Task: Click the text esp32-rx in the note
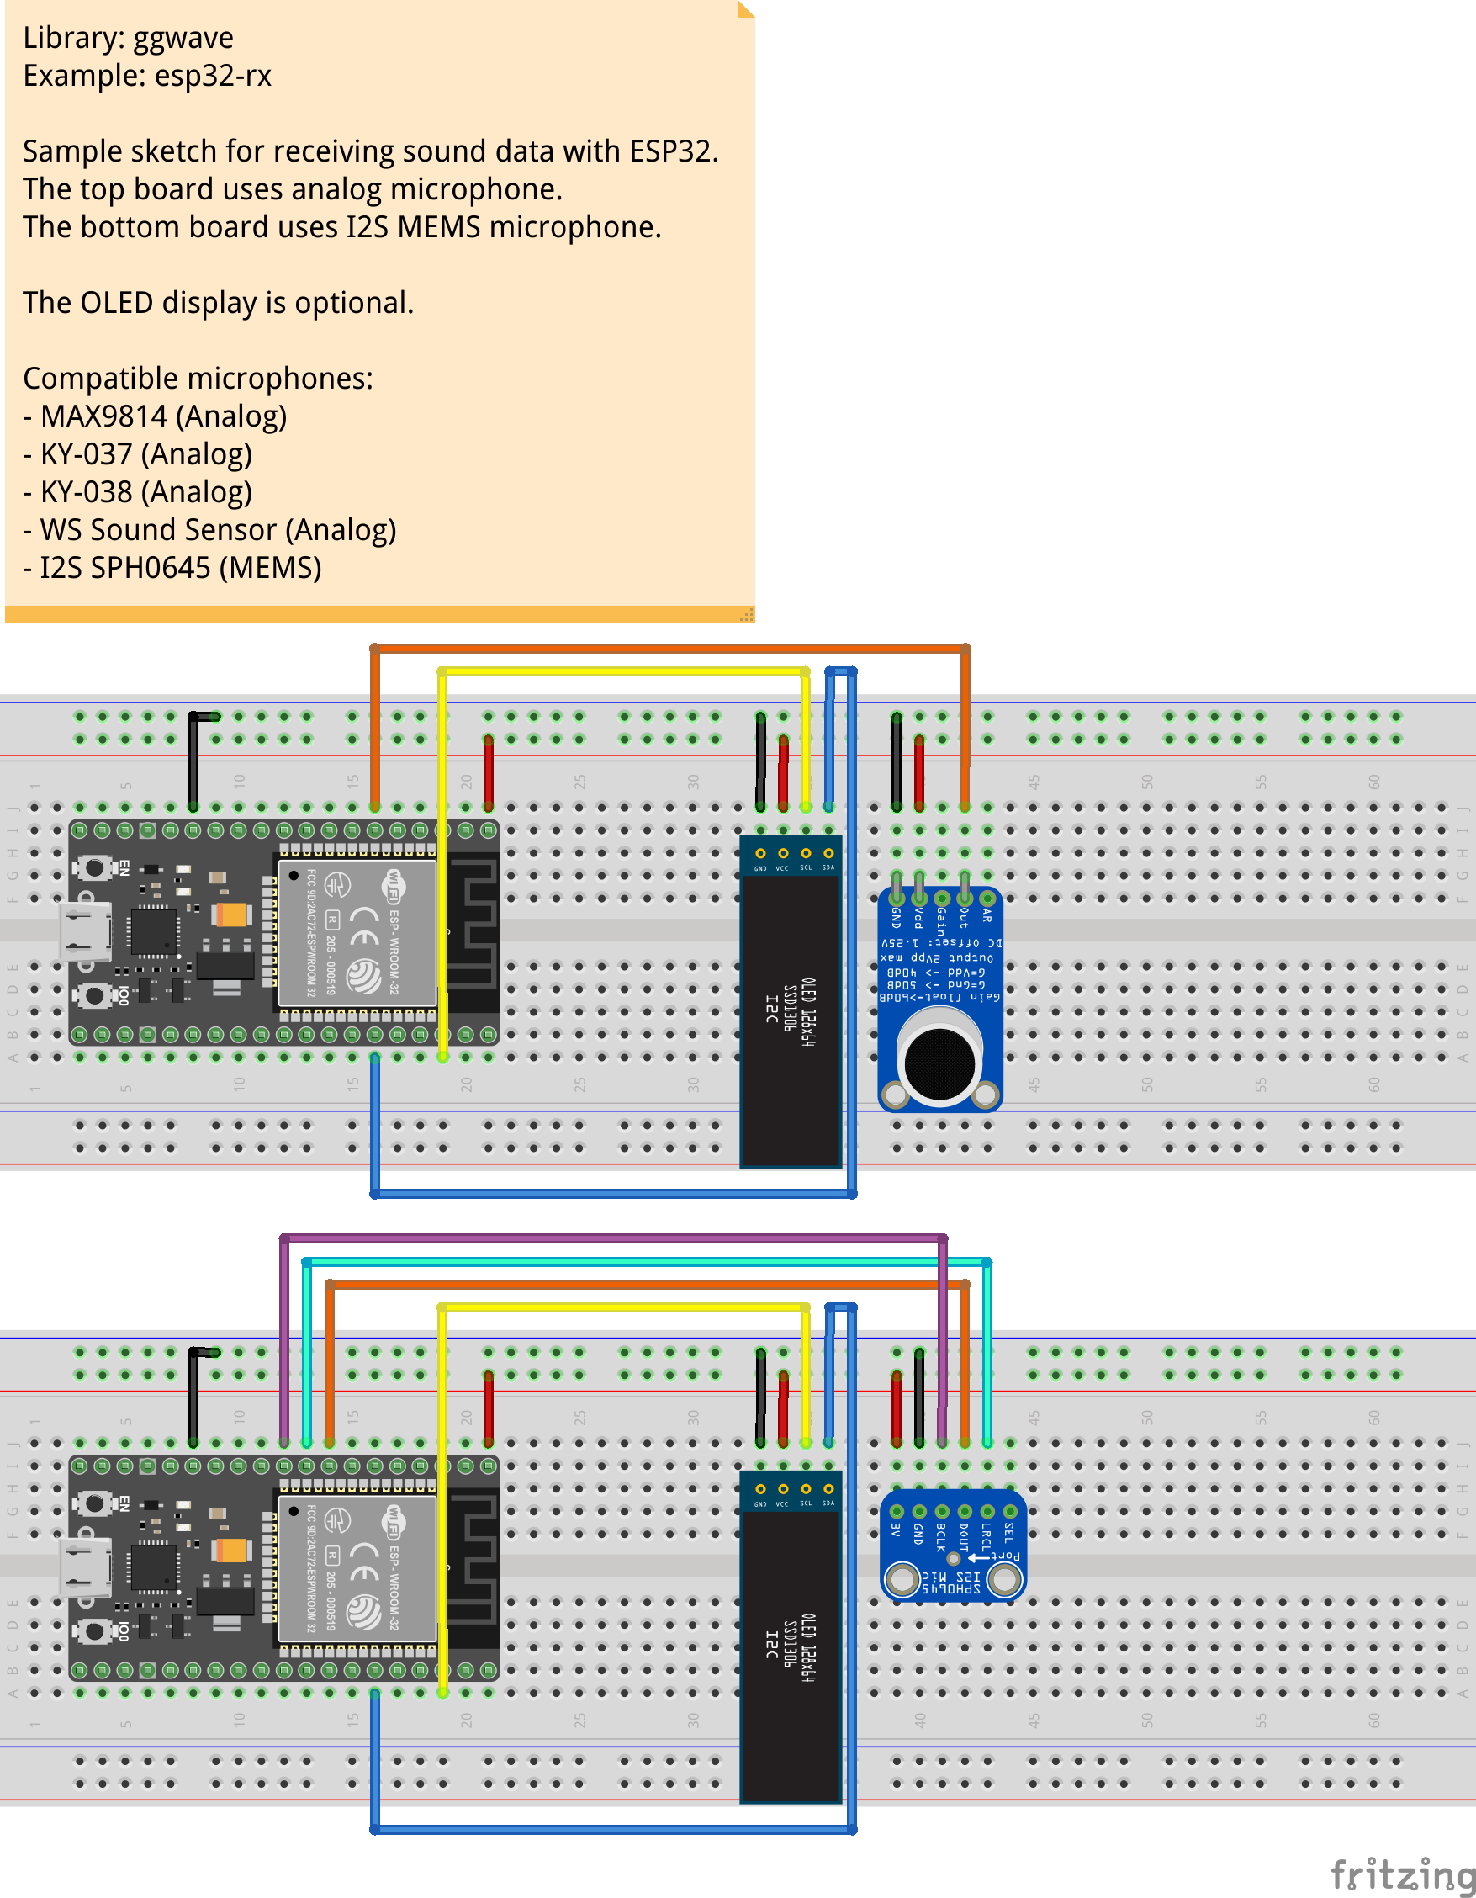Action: point(213,76)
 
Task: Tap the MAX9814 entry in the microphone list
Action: point(104,416)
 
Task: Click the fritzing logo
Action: point(1401,1874)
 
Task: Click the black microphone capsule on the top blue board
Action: point(940,1061)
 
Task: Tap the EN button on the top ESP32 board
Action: point(95,867)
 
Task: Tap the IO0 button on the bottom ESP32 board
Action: point(95,1630)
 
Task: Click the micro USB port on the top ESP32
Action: point(84,931)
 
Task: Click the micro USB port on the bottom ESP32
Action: point(84,1567)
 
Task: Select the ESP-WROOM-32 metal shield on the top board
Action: point(357,931)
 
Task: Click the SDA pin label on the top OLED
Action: point(828,867)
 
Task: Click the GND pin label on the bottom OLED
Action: point(760,1503)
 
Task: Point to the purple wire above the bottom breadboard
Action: point(608,1237)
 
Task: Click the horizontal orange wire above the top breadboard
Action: point(669,649)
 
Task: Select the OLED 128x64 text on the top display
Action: point(808,1011)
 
